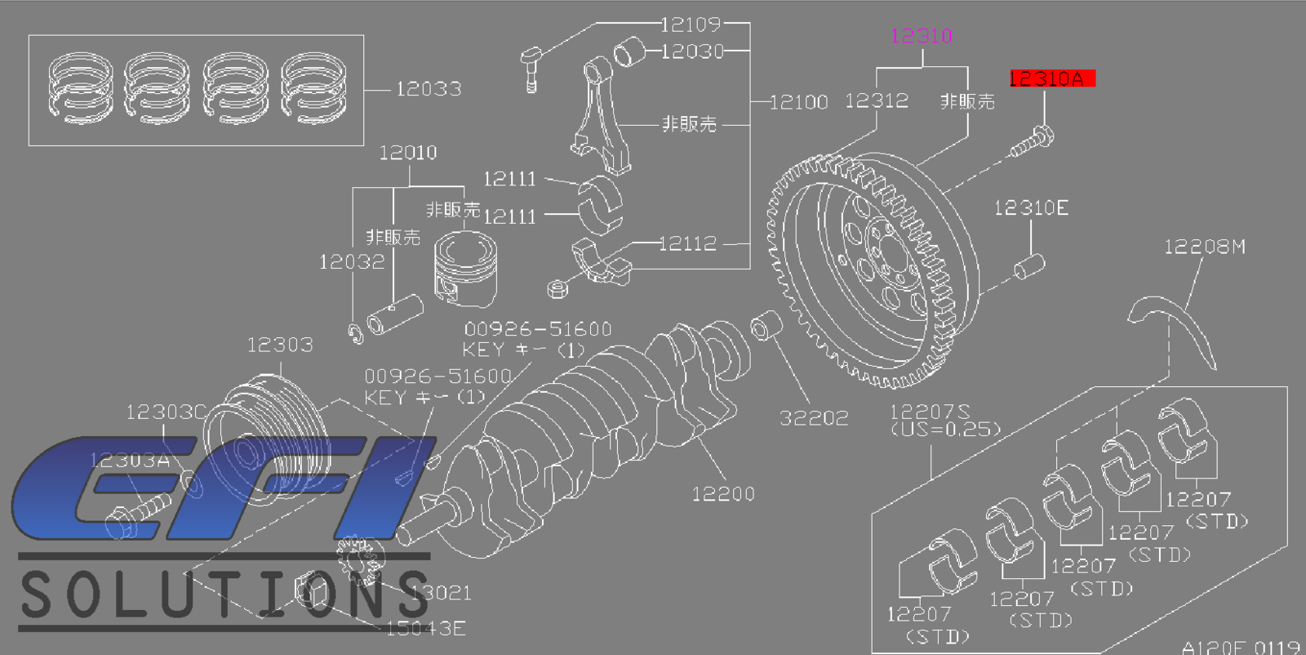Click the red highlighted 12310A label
pos(1051,78)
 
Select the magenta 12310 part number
pos(922,36)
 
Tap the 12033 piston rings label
pos(429,89)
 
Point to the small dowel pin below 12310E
pos(1029,266)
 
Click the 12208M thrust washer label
pos(1204,247)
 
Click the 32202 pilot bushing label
pos(814,418)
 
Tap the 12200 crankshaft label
pos(723,494)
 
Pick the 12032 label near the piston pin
pos(351,262)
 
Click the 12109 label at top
pos(691,25)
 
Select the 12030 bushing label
pos(692,51)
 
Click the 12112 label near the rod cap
pos(687,243)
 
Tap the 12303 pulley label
pos(280,345)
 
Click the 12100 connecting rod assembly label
pos(798,102)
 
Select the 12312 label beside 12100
pos(876,100)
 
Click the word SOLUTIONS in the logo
pos(224,595)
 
